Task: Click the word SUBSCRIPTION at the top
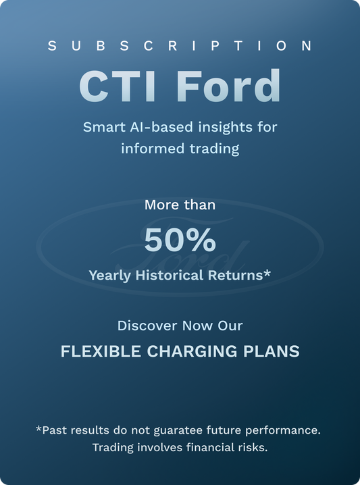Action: (x=180, y=46)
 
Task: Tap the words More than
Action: (x=180, y=204)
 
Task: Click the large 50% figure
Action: (x=180, y=239)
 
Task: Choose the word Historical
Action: (x=170, y=275)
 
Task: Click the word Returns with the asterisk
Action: (x=240, y=275)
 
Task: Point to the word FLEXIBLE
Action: (x=92, y=351)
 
